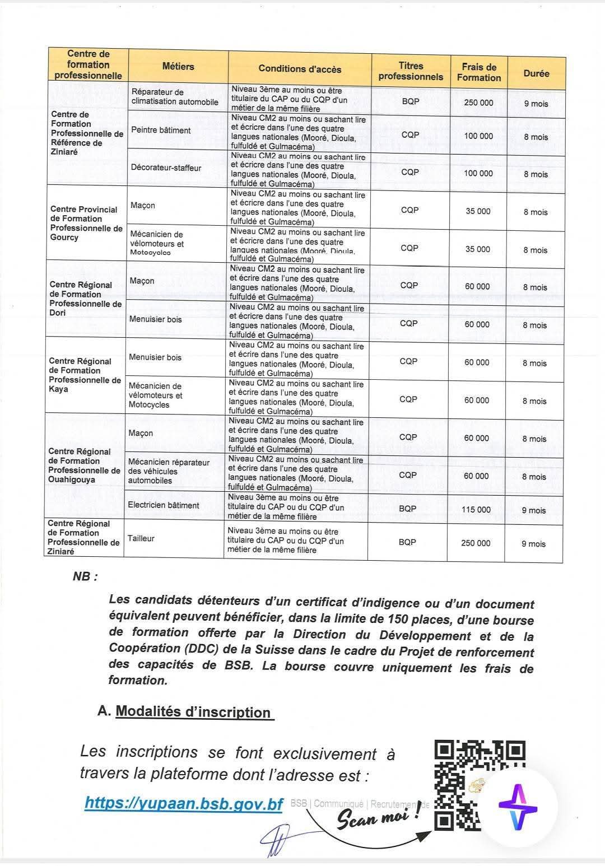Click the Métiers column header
point(178,67)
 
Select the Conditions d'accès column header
point(300,69)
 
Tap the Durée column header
point(536,73)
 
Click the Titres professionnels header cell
point(411,71)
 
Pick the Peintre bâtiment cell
point(161,130)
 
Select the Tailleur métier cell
point(141,538)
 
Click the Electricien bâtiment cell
point(163,505)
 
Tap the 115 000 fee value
point(476,510)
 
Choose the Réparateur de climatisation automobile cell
point(174,97)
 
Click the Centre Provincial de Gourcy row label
point(86,224)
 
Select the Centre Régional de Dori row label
point(85,299)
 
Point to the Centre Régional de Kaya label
point(85,375)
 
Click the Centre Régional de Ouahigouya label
point(84,465)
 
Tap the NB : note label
point(85,576)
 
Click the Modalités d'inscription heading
point(193,712)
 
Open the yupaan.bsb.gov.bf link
point(184,804)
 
